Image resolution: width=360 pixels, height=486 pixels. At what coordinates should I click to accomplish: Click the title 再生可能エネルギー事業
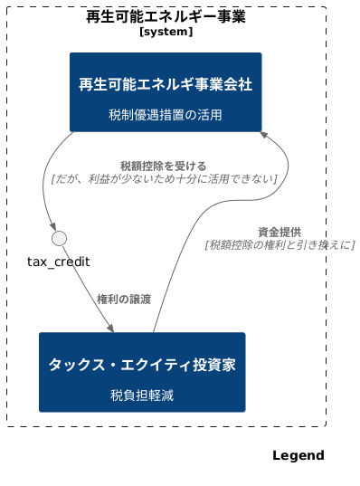click(x=166, y=16)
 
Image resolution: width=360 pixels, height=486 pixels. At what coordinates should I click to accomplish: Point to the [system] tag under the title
click(x=166, y=32)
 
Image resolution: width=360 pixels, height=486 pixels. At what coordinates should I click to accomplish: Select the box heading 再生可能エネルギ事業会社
click(x=166, y=84)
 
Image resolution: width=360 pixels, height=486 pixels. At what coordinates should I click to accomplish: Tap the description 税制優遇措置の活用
click(x=166, y=114)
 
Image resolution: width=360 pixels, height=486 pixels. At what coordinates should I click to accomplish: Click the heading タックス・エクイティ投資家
click(x=142, y=365)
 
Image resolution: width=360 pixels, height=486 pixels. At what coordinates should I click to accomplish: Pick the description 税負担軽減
click(x=142, y=395)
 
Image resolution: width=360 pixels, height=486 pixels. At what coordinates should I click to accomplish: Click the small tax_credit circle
click(x=60, y=238)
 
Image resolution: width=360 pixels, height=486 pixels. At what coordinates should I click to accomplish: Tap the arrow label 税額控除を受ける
click(x=163, y=166)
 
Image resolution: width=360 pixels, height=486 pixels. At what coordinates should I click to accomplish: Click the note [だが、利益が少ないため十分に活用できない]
click(x=164, y=179)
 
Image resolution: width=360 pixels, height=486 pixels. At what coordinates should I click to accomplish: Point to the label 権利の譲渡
click(x=124, y=299)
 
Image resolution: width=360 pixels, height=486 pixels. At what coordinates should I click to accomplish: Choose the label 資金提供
click(x=279, y=232)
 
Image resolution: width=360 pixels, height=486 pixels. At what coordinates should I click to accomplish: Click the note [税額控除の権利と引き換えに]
click(x=279, y=244)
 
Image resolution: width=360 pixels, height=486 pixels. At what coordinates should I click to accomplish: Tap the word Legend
click(x=298, y=455)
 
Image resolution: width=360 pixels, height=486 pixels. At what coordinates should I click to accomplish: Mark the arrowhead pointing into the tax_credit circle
click(x=55, y=226)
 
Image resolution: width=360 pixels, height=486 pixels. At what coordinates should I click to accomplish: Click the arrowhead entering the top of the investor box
click(x=110, y=328)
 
